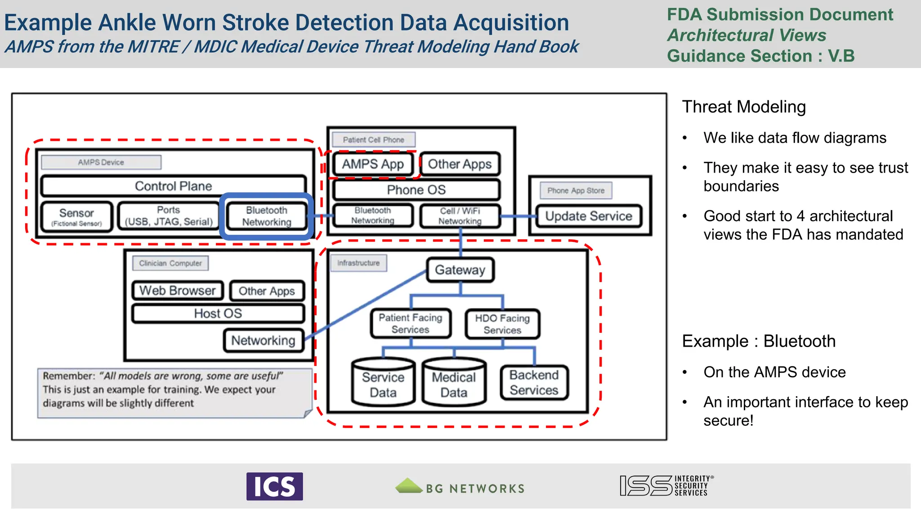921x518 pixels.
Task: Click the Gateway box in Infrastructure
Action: pos(460,270)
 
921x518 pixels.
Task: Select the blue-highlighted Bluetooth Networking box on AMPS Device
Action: pos(267,216)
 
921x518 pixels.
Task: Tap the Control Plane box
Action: pos(174,186)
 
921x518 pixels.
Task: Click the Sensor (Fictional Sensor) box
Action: pos(76,217)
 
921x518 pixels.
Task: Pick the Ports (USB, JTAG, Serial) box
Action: pos(169,216)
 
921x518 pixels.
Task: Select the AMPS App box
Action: pos(373,164)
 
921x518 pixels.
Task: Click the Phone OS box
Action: pos(416,190)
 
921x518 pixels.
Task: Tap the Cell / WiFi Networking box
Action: pos(460,216)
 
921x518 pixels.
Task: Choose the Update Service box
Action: pos(589,216)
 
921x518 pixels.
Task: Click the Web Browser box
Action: pos(178,290)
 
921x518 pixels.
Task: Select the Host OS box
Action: pos(218,313)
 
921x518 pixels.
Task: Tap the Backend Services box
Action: pos(534,383)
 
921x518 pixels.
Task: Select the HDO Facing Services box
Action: pos(502,324)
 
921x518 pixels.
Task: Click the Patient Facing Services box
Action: pos(411,323)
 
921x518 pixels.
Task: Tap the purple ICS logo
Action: pos(274,486)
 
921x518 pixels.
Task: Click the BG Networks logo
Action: pos(460,487)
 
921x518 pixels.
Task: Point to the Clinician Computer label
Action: pos(170,263)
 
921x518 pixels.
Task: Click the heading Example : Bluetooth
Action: pos(759,341)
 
